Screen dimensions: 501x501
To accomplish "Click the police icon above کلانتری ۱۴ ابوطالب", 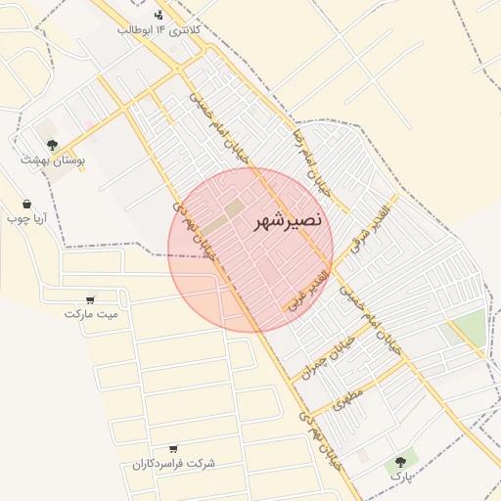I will coord(159,15).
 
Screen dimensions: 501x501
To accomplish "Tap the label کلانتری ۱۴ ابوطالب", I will coord(159,31).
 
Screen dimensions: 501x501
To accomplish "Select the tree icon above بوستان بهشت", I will coord(52,144).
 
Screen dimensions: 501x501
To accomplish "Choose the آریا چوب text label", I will coord(26,219).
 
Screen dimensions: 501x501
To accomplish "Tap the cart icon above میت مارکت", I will coord(91,299).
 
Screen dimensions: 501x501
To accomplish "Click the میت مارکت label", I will coord(91,314).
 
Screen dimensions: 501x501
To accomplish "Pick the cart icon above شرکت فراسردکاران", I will coord(173,447).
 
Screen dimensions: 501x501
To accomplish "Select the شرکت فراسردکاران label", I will coord(174,463).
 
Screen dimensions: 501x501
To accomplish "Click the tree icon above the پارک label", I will coord(399,461).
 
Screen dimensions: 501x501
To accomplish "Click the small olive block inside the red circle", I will coord(233,208).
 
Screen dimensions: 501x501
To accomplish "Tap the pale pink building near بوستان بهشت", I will coord(89,124).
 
